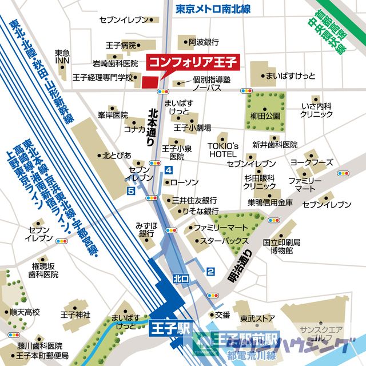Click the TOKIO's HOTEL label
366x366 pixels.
pos(222,150)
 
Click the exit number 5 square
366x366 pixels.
pos(132,190)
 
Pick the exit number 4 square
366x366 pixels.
pos(168,170)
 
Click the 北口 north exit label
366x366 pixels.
pos(181,279)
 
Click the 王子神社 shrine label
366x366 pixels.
pos(75,315)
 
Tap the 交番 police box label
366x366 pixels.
pos(222,315)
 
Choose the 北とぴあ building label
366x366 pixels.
pos(117,155)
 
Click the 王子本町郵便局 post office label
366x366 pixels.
pos(42,356)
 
